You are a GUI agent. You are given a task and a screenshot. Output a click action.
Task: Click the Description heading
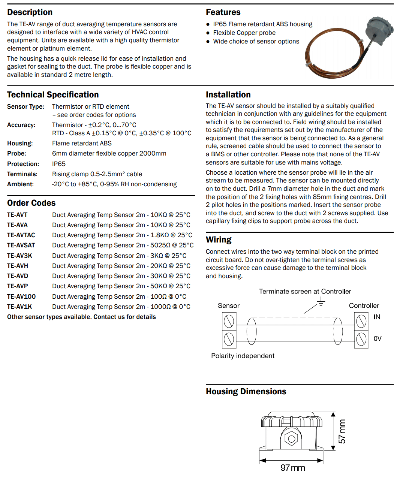point(30,12)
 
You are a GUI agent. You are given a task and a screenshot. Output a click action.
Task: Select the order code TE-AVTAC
point(21,235)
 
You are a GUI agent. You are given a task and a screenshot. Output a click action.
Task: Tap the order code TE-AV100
point(21,296)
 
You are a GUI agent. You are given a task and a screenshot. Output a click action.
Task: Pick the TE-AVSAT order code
point(21,245)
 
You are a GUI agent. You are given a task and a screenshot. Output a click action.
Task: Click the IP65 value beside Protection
point(59,164)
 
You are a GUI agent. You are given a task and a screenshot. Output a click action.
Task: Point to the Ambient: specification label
point(20,184)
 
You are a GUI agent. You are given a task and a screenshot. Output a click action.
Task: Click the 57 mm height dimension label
point(342,431)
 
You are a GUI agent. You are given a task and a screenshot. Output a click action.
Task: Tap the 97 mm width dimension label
point(293,468)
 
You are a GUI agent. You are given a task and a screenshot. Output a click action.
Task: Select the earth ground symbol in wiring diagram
point(321,301)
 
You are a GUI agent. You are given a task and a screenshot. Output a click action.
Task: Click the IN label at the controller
point(377,317)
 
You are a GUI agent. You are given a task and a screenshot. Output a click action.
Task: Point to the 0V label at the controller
point(378,339)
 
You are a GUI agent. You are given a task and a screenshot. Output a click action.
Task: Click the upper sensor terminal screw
point(229,321)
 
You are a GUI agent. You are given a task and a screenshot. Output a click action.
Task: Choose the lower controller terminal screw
point(361,339)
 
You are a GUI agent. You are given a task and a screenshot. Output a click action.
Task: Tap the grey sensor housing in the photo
point(379,30)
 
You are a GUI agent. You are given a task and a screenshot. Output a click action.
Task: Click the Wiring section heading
point(219,240)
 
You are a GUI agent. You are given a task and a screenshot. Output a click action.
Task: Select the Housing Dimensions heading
point(246,392)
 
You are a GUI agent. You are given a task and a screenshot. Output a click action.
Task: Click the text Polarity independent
point(243,356)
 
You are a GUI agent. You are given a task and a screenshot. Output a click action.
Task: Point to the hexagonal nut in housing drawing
point(291,438)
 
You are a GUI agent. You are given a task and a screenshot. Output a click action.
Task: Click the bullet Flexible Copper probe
point(244,33)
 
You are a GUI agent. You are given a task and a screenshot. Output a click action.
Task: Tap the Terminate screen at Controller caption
point(305,292)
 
